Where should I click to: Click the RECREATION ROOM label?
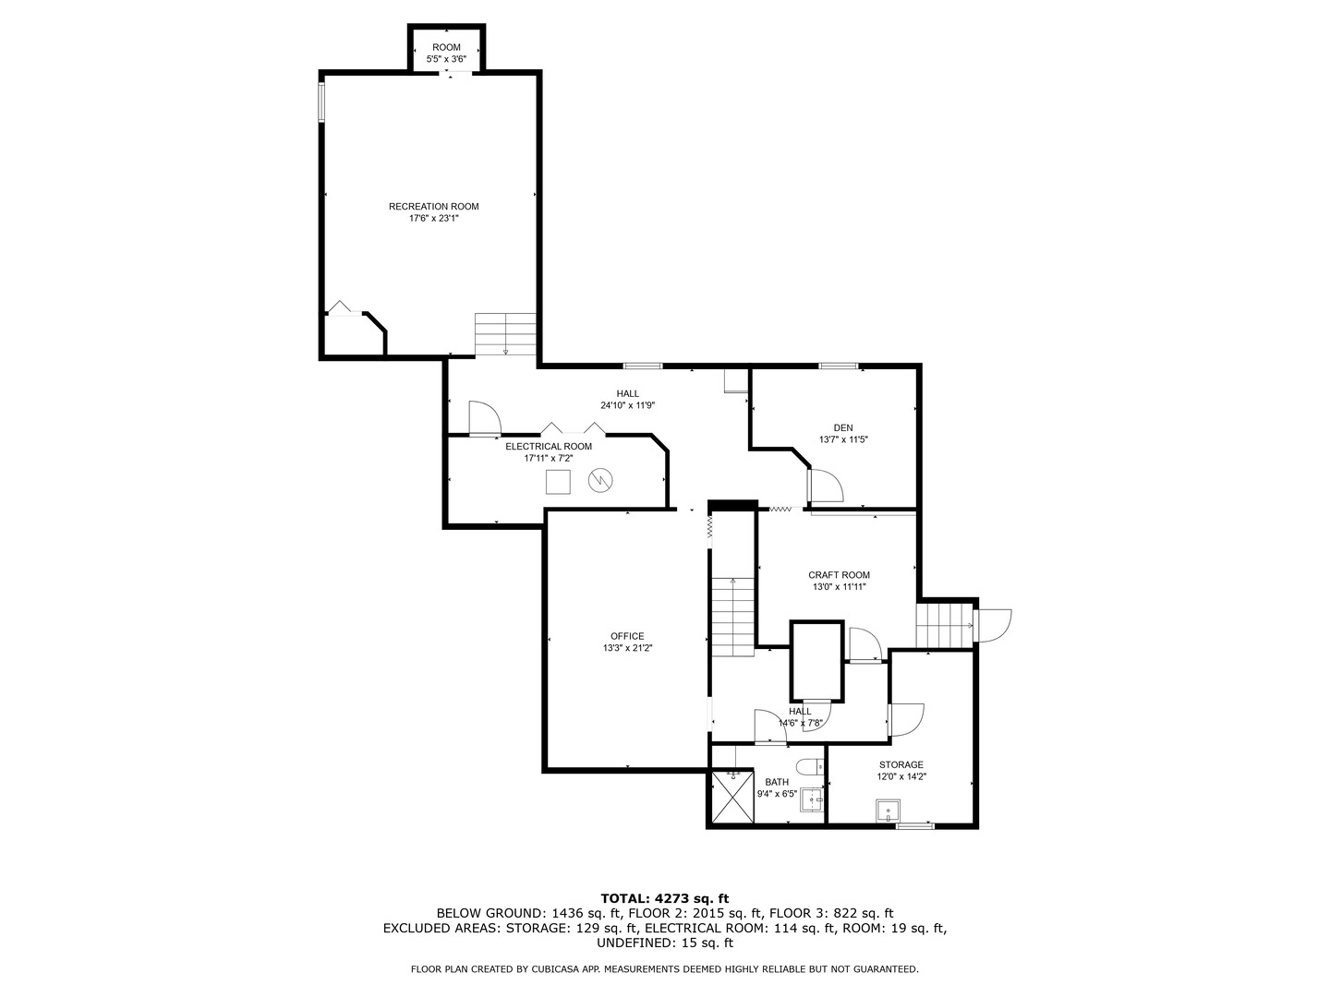(x=433, y=207)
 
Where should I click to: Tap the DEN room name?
(x=843, y=428)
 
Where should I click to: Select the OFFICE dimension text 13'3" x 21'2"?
(x=627, y=648)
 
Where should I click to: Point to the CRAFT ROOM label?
(x=839, y=575)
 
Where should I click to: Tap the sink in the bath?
(x=812, y=799)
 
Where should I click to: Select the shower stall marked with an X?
(x=732, y=796)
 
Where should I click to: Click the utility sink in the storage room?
(x=888, y=811)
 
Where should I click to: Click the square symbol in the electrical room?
(x=558, y=482)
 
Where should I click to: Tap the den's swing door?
(x=825, y=486)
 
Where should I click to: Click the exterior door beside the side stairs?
(x=993, y=625)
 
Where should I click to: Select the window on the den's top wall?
(x=838, y=366)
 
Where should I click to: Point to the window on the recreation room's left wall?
(x=321, y=102)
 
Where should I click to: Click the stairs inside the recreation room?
(x=505, y=334)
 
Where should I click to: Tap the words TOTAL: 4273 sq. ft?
(x=665, y=898)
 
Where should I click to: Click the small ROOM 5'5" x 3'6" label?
(x=446, y=54)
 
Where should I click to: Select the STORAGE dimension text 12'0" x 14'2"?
(x=901, y=776)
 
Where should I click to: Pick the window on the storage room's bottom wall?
(x=915, y=825)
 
